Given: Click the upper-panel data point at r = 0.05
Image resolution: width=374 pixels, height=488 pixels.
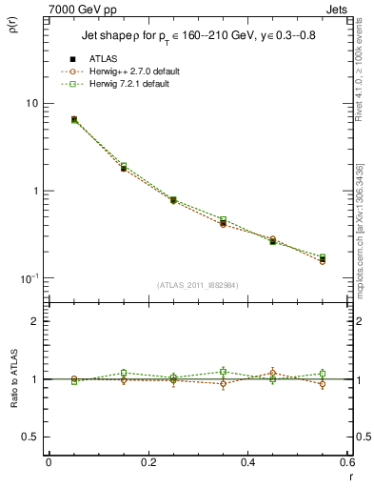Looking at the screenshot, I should (x=74, y=119).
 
